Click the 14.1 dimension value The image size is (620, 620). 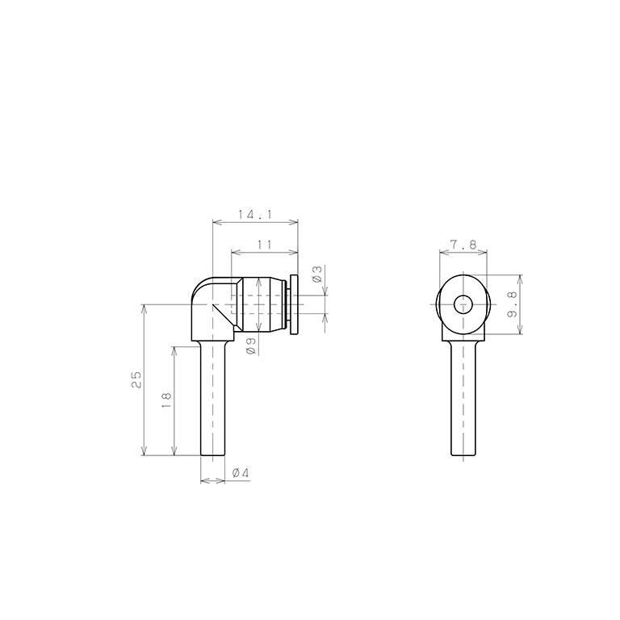(256, 215)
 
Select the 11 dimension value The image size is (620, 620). (264, 245)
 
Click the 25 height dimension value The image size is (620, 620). (136, 379)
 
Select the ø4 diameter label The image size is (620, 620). (240, 474)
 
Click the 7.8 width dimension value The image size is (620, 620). (463, 245)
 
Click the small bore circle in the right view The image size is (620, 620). (463, 305)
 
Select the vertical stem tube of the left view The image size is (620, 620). (212, 400)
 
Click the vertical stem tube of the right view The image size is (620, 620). (463, 400)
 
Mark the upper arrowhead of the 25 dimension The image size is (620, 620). (145, 308)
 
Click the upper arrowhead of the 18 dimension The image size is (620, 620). (174, 350)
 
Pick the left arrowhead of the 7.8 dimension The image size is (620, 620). (442, 252)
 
